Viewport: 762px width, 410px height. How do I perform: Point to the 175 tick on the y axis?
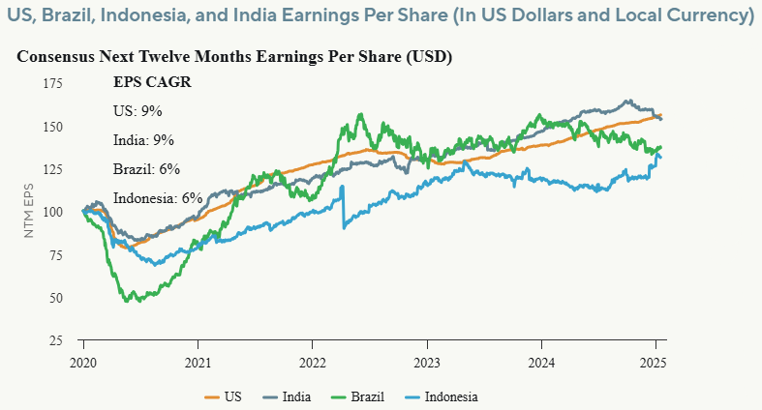[53, 83]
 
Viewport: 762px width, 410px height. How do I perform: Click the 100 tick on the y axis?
[53, 212]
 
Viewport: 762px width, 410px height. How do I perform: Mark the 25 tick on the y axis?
[56, 340]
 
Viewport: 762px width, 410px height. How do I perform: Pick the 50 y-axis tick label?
[56, 297]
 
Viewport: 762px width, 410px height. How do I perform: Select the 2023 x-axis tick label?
[427, 359]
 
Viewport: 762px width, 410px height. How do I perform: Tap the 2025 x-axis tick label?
[655, 359]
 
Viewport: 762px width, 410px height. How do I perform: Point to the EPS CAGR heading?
[152, 82]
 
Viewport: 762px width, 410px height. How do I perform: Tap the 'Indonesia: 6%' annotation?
[158, 197]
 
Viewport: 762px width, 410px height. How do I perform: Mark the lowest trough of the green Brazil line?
[128, 301]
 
